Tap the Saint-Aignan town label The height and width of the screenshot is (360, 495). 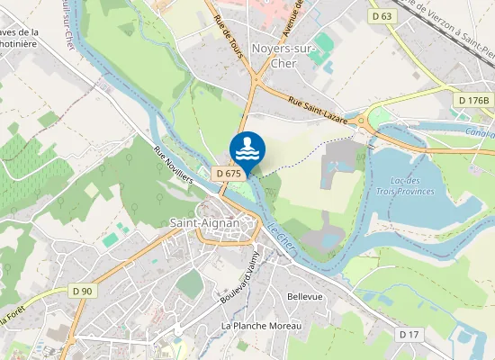point(205,222)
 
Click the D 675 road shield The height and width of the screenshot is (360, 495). point(228,173)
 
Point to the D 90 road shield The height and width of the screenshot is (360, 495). point(82,291)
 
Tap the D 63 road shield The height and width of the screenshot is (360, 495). point(382,15)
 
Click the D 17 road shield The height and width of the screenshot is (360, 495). point(409,334)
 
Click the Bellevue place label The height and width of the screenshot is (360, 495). point(303,296)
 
